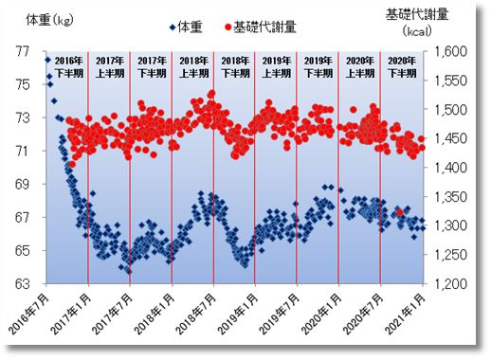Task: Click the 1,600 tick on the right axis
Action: pos(450,52)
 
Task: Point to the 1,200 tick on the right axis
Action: pos(450,284)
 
